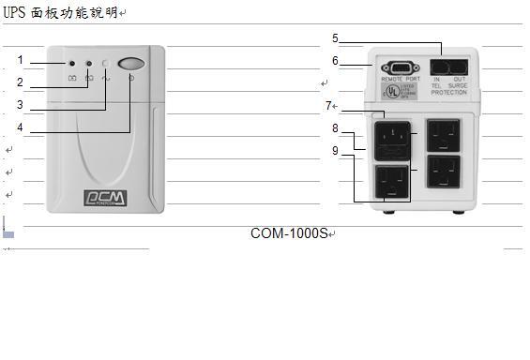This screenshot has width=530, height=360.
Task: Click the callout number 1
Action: [20, 60]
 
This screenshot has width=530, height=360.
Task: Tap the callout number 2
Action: [20, 82]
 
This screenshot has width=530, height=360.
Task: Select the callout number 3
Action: [20, 105]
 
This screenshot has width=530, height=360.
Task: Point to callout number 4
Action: [20, 127]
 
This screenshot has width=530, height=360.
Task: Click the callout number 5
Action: [335, 38]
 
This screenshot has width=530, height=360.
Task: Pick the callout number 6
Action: [335, 61]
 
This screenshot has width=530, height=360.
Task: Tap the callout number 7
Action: [328, 105]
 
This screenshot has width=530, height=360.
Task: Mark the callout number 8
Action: [335, 127]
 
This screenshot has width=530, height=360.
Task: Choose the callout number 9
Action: [335, 150]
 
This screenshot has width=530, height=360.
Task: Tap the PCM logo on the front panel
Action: [102, 198]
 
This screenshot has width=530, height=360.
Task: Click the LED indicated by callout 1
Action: [72, 64]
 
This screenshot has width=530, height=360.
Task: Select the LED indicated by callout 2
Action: [89, 64]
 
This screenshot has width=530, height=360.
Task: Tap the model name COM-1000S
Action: [289, 232]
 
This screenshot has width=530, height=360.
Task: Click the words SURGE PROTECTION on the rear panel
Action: [448, 90]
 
